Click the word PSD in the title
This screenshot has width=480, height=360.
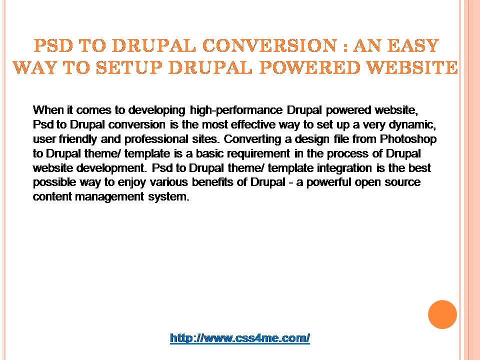click(x=53, y=45)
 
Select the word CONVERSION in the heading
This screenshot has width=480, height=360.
click(x=269, y=45)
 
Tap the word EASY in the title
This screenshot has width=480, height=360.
click(x=413, y=45)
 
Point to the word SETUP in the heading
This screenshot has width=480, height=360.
click(x=129, y=67)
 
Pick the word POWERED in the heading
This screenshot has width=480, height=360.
click(x=309, y=67)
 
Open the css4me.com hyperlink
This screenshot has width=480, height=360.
click(x=240, y=338)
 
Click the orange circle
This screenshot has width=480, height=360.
click(x=442, y=314)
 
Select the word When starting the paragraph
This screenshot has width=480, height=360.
click(x=46, y=109)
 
